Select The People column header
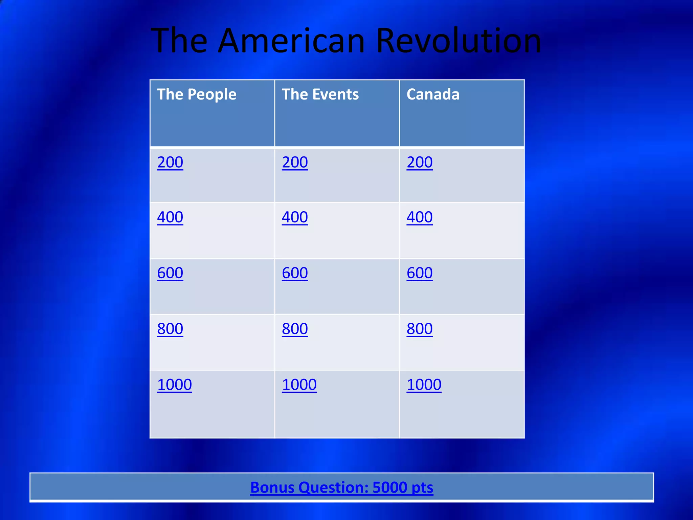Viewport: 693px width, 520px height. [x=197, y=94]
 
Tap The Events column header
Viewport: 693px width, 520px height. [x=320, y=94]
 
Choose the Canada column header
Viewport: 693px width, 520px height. [x=433, y=94]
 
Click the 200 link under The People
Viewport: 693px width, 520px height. [x=170, y=162]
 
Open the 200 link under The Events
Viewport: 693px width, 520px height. [x=295, y=162]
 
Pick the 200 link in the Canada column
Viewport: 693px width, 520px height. [x=420, y=162]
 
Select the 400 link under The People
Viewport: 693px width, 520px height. [x=170, y=217]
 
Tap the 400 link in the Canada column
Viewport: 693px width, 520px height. [x=420, y=217]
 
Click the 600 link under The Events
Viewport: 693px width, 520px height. [x=295, y=273]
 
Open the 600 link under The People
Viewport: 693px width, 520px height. [x=170, y=273]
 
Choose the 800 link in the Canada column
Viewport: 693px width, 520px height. [x=420, y=329]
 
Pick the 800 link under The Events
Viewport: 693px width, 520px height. [x=295, y=329]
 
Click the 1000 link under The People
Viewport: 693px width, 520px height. [x=175, y=385]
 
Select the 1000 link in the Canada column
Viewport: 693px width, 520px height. [x=424, y=385]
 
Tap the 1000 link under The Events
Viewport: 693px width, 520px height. [x=299, y=385]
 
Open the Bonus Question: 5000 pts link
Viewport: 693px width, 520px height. [x=342, y=487]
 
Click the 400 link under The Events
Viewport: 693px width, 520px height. [x=295, y=217]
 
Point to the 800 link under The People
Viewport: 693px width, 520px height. [x=170, y=329]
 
